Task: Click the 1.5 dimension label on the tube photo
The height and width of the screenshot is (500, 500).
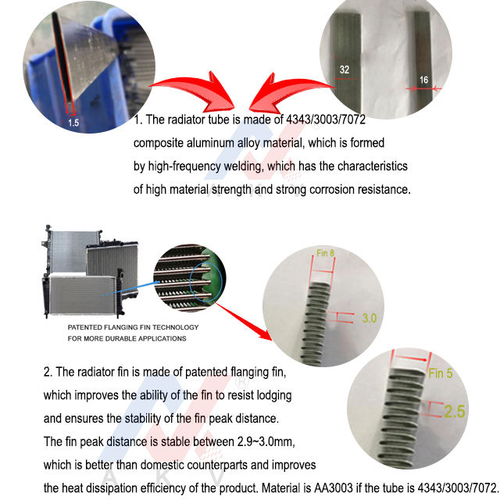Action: pyautogui.click(x=73, y=123)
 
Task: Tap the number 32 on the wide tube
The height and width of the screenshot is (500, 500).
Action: pyautogui.click(x=345, y=70)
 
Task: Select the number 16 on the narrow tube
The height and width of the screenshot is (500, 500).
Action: pyautogui.click(x=423, y=80)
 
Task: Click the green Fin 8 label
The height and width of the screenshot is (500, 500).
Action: pyautogui.click(x=325, y=253)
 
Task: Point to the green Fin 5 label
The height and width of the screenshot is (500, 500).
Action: pyautogui.click(x=441, y=373)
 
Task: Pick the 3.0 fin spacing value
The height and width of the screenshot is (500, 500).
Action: pyautogui.click(x=370, y=318)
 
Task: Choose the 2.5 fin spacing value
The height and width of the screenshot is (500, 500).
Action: pyautogui.click(x=455, y=411)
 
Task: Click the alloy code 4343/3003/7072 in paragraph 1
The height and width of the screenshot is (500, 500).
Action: pyautogui.click(x=326, y=120)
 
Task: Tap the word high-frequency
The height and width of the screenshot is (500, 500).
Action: pyautogui.click(x=184, y=166)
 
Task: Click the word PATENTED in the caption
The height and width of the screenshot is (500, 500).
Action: pyautogui.click(x=84, y=327)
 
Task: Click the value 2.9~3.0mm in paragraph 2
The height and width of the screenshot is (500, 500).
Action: pyautogui.click(x=266, y=442)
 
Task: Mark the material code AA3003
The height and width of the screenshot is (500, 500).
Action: pyautogui.click(x=334, y=487)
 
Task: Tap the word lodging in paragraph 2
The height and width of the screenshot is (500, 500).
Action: pyautogui.click(x=274, y=396)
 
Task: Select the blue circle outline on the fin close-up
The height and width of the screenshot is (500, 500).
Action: pyautogui.click(x=191, y=282)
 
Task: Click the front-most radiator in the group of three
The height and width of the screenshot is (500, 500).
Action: pyautogui.click(x=82, y=295)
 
